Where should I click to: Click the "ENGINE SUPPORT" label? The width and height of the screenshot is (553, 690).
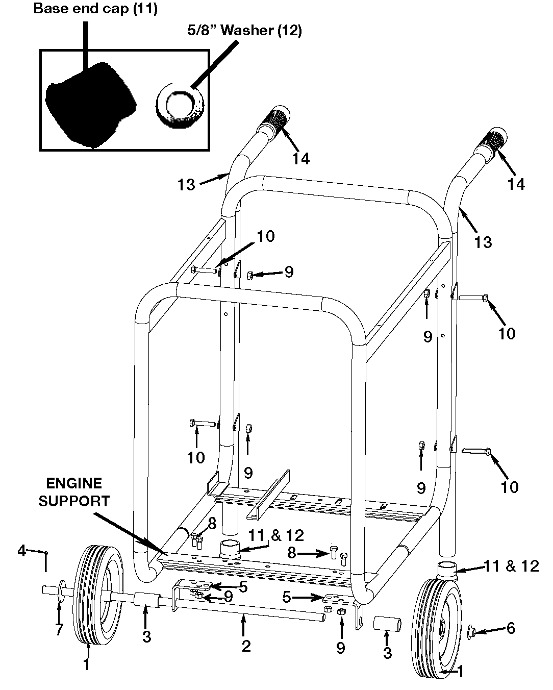click(x=74, y=491)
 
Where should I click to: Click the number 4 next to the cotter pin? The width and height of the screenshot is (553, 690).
click(x=21, y=551)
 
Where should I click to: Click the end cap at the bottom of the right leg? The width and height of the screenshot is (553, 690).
click(x=447, y=568)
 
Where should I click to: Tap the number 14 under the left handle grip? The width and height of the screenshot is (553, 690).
click(x=301, y=159)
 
